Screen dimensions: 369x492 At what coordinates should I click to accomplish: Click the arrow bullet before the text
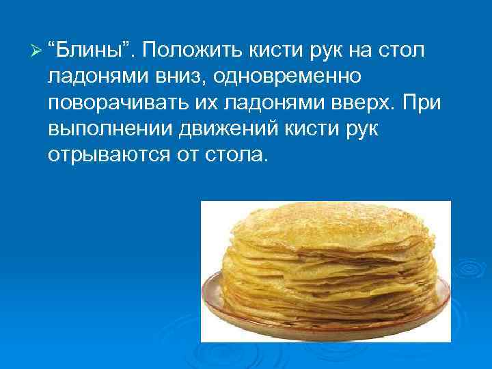point(38,50)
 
